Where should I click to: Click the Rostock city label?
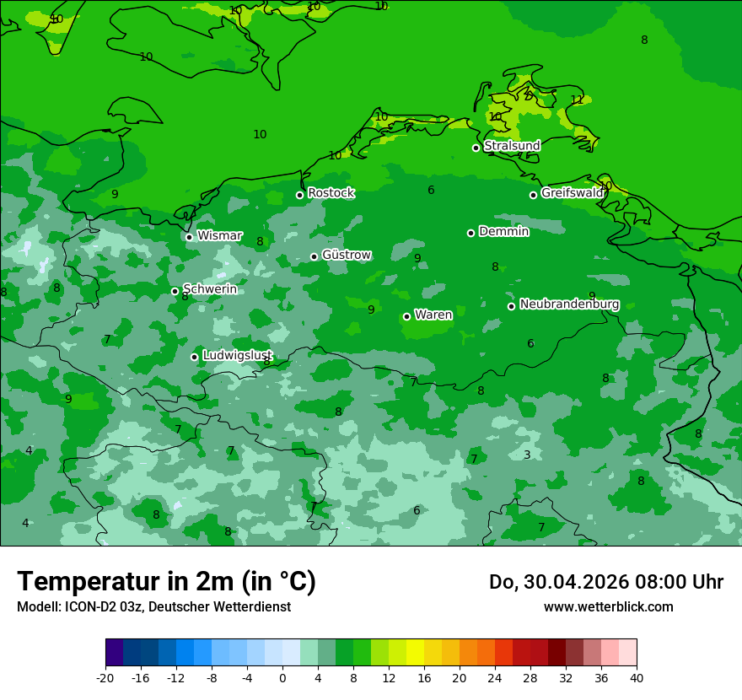pyautogui.click(x=331, y=193)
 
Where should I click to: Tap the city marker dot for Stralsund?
pyautogui.click(x=476, y=148)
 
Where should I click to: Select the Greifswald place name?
pyautogui.click(x=572, y=193)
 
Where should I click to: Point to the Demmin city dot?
pyautogui.click(x=470, y=233)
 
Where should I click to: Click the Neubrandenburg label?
pyautogui.click(x=569, y=304)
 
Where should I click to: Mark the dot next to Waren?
pyautogui.click(x=406, y=316)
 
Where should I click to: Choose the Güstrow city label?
pyautogui.click(x=346, y=255)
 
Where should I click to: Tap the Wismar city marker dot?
pyautogui.click(x=189, y=237)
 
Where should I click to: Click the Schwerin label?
pyautogui.click(x=209, y=289)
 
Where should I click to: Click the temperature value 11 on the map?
pyautogui.click(x=577, y=100)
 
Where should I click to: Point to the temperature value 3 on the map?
pyautogui.click(x=527, y=455)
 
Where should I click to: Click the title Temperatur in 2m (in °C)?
pyautogui.click(x=166, y=582)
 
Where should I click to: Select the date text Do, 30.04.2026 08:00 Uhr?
pyautogui.click(x=605, y=582)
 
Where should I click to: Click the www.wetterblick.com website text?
pyautogui.click(x=608, y=606)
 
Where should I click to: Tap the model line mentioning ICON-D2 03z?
pyautogui.click(x=153, y=606)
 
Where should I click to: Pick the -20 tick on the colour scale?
pyautogui.click(x=105, y=677)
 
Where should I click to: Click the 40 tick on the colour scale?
pyautogui.click(x=636, y=677)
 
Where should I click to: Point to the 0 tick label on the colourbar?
pyautogui.click(x=282, y=677)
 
